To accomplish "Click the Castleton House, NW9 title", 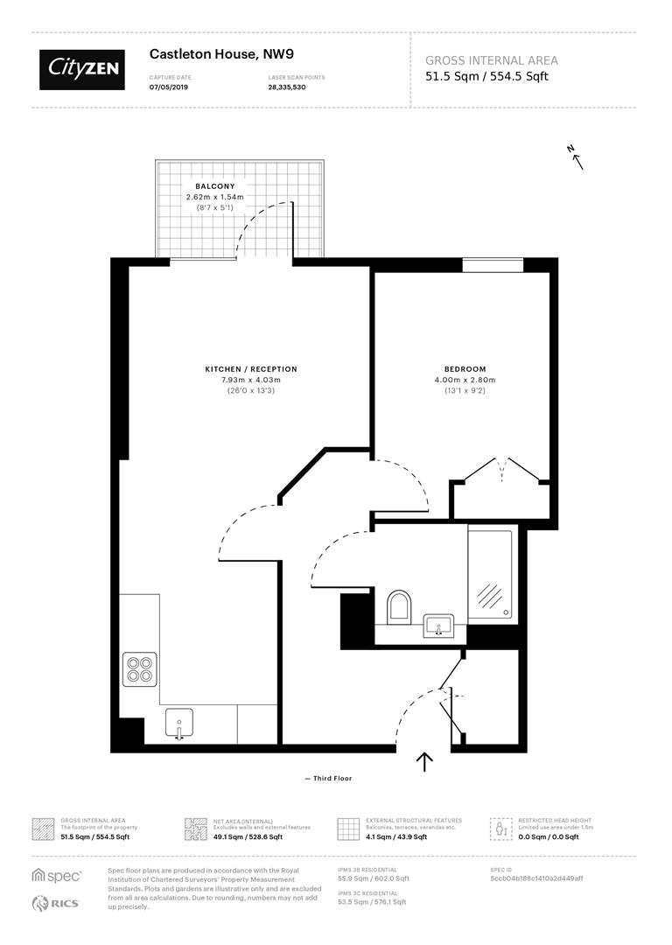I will click(215, 54).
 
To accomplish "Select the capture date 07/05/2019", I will click(168, 87).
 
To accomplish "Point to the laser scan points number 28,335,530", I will click(287, 87).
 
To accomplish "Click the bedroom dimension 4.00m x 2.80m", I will click(465, 380).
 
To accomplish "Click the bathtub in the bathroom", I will click(492, 573).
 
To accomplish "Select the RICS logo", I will click(56, 903).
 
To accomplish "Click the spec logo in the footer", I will click(57, 875).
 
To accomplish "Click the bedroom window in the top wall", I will click(493, 263).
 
